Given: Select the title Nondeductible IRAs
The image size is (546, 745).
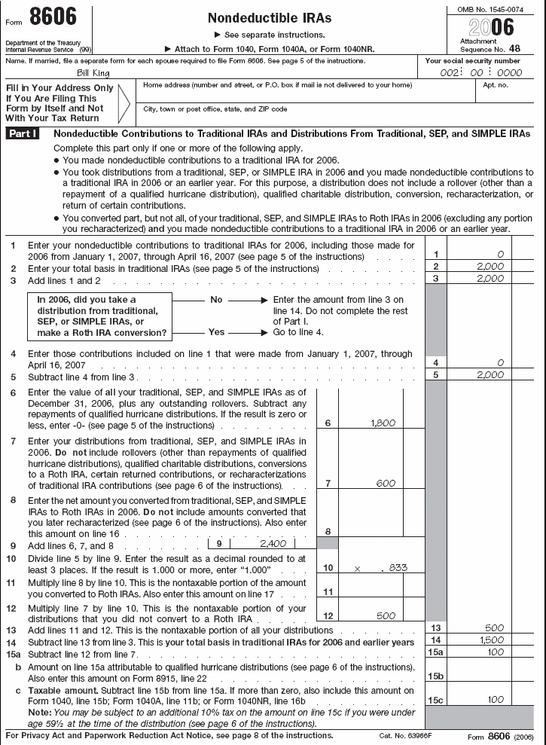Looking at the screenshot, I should (269, 17).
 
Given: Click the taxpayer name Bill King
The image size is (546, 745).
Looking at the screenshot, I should (95, 73).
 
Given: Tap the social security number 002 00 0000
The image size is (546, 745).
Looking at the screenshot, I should (482, 73).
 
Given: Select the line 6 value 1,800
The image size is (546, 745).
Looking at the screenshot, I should (383, 423).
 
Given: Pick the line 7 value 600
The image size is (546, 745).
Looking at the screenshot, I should (386, 483).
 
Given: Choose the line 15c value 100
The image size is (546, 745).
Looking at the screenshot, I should (494, 700).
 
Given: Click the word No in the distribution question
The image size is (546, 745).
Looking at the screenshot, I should (216, 299).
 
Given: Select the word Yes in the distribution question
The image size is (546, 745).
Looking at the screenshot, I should (216, 331).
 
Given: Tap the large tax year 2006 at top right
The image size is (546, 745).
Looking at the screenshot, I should (492, 27).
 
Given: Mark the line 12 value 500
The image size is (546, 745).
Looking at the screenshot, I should (386, 615).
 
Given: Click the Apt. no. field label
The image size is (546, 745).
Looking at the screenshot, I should (496, 85).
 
